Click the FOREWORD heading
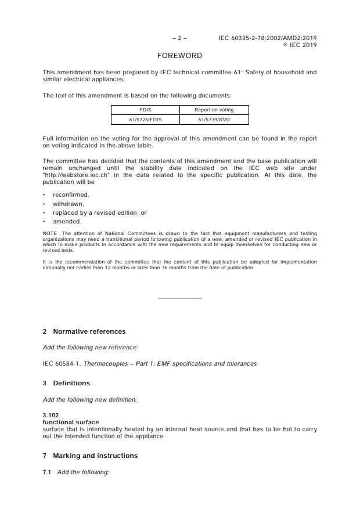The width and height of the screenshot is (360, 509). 179,56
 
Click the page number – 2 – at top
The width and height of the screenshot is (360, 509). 179,38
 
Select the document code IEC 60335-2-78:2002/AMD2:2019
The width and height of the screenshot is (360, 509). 268,38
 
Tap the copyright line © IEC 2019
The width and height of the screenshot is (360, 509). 299,45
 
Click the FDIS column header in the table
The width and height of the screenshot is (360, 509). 145,110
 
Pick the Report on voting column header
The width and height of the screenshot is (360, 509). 214,110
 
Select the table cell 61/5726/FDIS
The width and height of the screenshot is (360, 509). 145,120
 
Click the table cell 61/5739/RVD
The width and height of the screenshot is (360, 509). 214,120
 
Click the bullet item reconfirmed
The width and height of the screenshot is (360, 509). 71,195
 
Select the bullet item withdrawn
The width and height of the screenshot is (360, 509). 68,204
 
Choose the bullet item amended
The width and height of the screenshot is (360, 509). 67,221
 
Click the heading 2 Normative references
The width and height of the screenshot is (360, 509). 84,331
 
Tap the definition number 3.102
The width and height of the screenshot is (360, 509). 51,415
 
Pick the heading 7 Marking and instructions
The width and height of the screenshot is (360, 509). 90,456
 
